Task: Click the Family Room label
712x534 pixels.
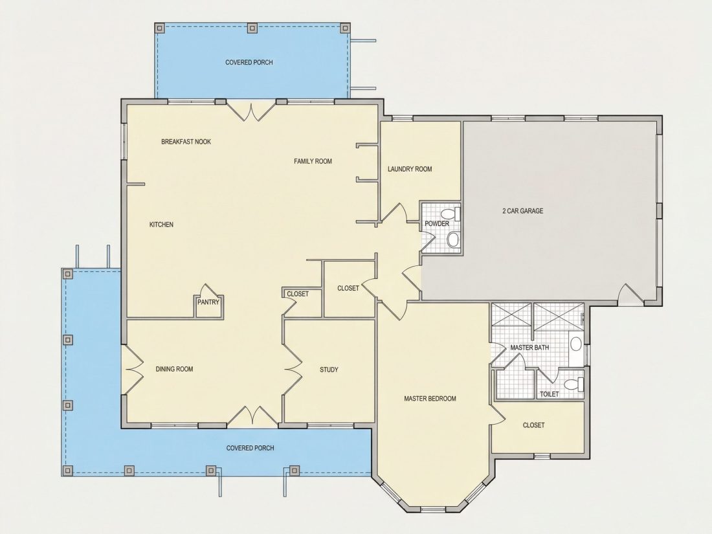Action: pyautogui.click(x=313, y=161)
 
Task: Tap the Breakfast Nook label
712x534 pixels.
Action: pyautogui.click(x=186, y=142)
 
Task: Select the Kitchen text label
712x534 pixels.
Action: pyautogui.click(x=161, y=225)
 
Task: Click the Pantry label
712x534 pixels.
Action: pyautogui.click(x=209, y=302)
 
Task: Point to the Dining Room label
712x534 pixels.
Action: pyautogui.click(x=174, y=369)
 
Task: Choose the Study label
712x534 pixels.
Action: pyautogui.click(x=329, y=370)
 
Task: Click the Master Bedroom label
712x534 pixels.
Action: pyautogui.click(x=430, y=399)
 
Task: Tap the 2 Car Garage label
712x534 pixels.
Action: pyautogui.click(x=522, y=211)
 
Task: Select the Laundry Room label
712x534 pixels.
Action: pyautogui.click(x=410, y=169)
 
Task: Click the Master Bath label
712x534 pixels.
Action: pyautogui.click(x=529, y=348)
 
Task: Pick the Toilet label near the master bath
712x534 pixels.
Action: pyautogui.click(x=549, y=394)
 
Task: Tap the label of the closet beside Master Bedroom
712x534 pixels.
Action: pyautogui.click(x=533, y=425)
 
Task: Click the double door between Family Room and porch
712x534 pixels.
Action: pyautogui.click(x=251, y=111)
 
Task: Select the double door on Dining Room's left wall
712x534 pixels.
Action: pyautogui.click(x=133, y=370)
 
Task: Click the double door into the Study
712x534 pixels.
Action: pyautogui.click(x=293, y=370)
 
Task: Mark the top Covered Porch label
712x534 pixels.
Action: pyautogui.click(x=249, y=63)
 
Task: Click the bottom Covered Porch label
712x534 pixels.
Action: pyautogui.click(x=250, y=448)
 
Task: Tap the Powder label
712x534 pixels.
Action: pyautogui.click(x=437, y=224)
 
